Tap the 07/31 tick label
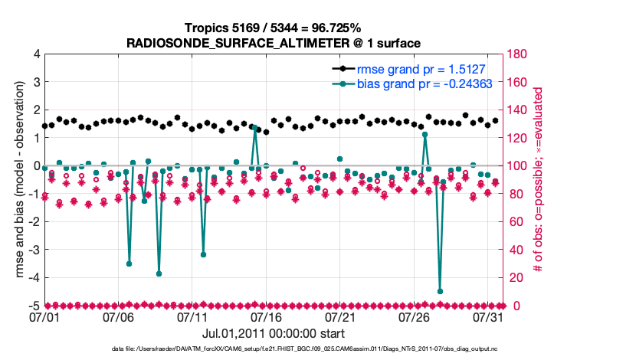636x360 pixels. (x=489, y=316)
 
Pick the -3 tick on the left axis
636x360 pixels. (x=34, y=250)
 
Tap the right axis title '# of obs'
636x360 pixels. (x=539, y=180)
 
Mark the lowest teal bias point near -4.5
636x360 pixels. (x=440, y=291)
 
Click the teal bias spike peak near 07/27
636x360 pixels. (x=425, y=135)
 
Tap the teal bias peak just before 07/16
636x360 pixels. (x=255, y=128)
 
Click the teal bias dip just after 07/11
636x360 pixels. (x=203, y=254)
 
